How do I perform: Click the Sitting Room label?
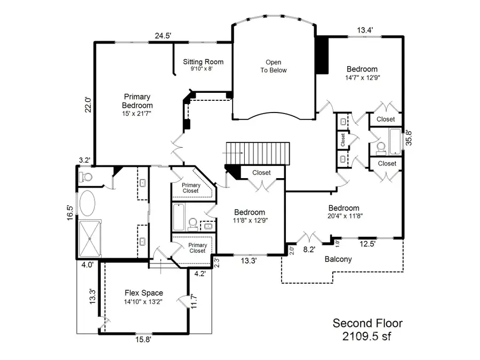pyautogui.click(x=203, y=62)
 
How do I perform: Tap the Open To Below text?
pyautogui.click(x=274, y=66)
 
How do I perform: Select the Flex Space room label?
pyautogui.click(x=144, y=293)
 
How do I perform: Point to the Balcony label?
pyautogui.click(x=338, y=259)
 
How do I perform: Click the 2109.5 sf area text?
pyautogui.click(x=367, y=336)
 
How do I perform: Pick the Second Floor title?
pyautogui.click(x=367, y=323)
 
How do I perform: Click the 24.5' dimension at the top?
pyautogui.click(x=163, y=36)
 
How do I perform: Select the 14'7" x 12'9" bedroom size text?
pyautogui.click(x=362, y=77)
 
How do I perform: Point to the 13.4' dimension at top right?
pyautogui.click(x=364, y=30)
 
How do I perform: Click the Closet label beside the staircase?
pyautogui.click(x=261, y=173)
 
